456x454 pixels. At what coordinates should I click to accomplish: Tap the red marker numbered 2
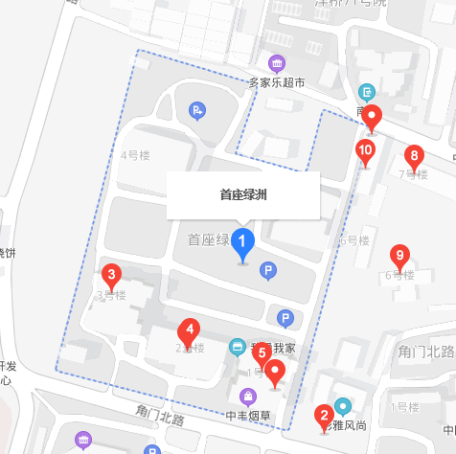click(x=325, y=417)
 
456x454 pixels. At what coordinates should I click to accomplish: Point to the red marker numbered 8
click(x=414, y=155)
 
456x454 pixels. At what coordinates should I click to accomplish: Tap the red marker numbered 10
click(x=365, y=150)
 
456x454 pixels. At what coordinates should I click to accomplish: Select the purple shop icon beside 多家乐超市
click(x=277, y=64)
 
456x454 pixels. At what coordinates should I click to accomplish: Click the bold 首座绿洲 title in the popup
click(x=243, y=195)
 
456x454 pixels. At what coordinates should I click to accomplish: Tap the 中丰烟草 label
click(x=249, y=416)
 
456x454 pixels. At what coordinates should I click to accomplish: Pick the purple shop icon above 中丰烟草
click(x=249, y=396)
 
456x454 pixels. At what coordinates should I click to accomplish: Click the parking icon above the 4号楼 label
click(x=197, y=111)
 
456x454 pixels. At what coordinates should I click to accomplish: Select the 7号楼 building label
click(x=412, y=174)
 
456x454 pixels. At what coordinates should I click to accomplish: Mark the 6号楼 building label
click(x=399, y=276)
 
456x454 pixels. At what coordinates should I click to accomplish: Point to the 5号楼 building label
click(x=353, y=240)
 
